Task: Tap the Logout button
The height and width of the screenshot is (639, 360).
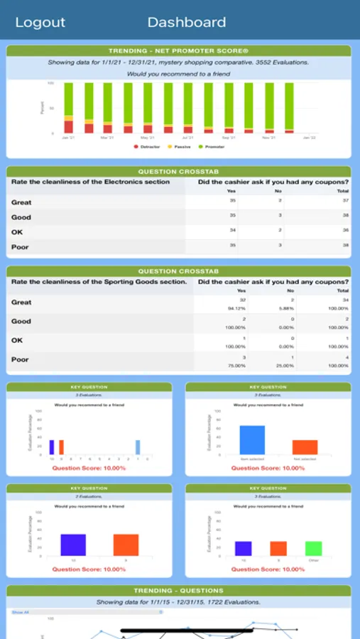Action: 40,23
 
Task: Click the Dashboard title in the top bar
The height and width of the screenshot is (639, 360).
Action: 187,23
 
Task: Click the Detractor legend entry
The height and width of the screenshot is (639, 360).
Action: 145,146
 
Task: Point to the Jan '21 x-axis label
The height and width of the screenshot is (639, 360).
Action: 67,138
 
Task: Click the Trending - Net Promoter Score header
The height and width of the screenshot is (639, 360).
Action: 179,51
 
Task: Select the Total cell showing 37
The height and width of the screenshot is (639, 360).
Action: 344,202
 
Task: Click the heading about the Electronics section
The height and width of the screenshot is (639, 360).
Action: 91,182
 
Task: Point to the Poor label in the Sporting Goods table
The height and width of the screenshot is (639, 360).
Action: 21,360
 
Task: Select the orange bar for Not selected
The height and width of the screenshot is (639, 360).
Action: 305,447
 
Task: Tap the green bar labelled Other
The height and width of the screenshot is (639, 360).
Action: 314,548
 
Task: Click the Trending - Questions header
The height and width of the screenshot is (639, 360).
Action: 179,591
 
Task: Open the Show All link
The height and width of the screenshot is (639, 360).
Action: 21,612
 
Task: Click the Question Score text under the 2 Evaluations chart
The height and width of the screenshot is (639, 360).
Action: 89,569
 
